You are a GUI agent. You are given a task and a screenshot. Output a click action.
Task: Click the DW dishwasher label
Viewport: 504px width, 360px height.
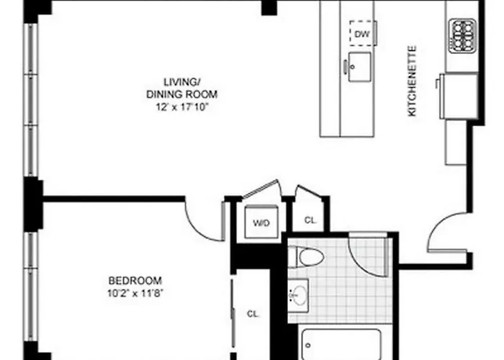[361, 34]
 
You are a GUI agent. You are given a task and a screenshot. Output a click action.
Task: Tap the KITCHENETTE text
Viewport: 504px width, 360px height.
[412, 81]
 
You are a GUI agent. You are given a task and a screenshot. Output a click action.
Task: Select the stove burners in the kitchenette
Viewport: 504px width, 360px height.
[462, 35]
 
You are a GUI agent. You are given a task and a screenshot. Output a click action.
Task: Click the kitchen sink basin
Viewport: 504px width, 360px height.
[359, 67]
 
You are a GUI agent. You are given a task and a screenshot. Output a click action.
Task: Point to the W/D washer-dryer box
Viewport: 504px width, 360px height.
[261, 222]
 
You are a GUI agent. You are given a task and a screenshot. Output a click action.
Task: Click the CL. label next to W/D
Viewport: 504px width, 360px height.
[310, 220]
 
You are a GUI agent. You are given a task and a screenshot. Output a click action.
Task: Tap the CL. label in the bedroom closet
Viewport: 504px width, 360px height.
[253, 314]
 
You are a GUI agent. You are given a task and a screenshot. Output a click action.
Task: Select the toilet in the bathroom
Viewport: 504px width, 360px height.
[306, 257]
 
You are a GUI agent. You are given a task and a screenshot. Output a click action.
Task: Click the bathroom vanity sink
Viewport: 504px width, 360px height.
[298, 295]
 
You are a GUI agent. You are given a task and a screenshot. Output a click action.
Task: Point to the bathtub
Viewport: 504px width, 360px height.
[341, 344]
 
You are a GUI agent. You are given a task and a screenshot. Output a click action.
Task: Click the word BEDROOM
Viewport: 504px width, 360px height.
[135, 281]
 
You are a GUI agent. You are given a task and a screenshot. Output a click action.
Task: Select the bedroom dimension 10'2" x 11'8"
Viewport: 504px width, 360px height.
[135, 293]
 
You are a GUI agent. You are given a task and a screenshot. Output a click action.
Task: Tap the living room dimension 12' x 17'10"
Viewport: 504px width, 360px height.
[180, 107]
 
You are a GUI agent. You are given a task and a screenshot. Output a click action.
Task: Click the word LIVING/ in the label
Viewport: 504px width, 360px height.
[182, 82]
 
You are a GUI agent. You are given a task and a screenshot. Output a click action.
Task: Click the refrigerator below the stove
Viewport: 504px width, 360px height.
[459, 96]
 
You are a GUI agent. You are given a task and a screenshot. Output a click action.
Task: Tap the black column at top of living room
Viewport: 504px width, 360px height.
[269, 8]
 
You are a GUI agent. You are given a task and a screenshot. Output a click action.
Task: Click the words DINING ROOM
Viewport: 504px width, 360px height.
[182, 94]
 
